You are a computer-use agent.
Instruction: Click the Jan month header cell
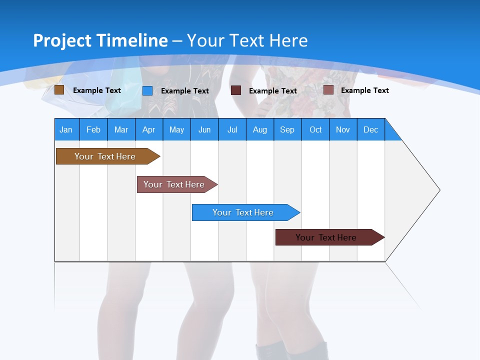coord(66,129)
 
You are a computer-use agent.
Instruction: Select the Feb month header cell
coord(93,129)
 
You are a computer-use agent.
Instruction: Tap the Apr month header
coord(149,129)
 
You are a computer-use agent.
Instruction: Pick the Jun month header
coord(204,129)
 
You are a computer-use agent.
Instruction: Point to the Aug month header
coord(260,129)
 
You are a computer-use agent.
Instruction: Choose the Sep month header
coord(287,129)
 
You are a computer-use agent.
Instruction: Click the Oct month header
coord(315,129)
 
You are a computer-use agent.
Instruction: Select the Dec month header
coord(371,129)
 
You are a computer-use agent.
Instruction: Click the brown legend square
coord(59,90)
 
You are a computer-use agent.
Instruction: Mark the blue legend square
coord(147,90)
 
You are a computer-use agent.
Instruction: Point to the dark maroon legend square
coord(236,90)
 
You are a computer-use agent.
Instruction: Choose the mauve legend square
coord(328,90)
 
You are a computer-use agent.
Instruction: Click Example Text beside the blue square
coord(185,91)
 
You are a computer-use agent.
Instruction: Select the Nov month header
coord(343,129)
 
